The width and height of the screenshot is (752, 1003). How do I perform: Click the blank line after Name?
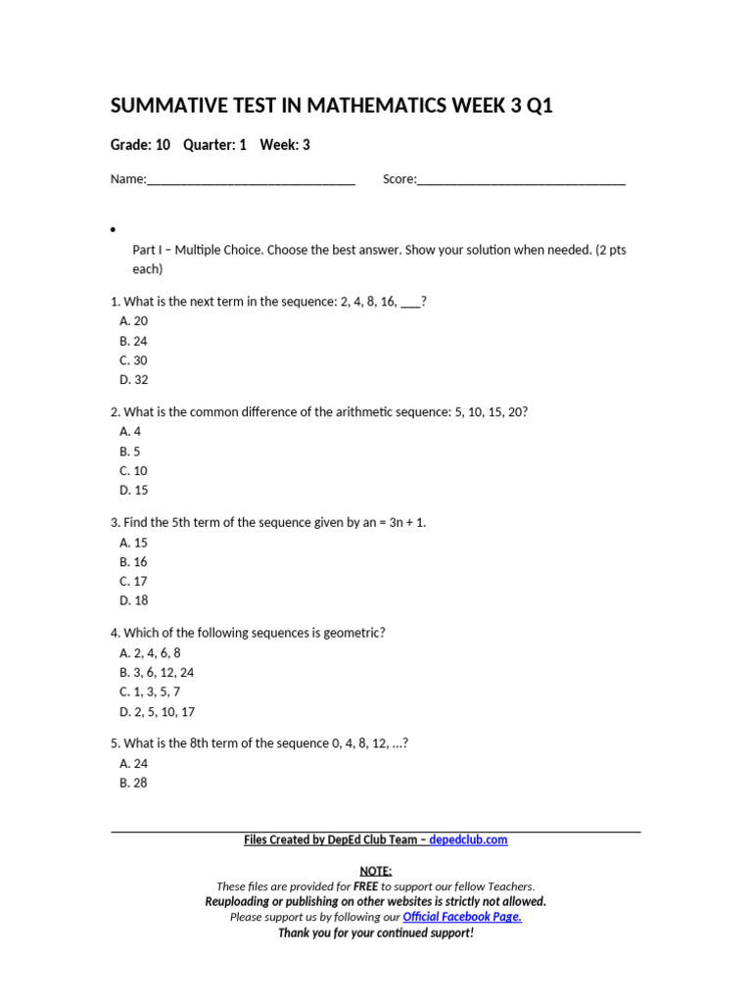point(251,180)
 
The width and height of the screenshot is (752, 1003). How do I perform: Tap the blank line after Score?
point(521,180)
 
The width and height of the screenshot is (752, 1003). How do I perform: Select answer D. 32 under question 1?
point(134,380)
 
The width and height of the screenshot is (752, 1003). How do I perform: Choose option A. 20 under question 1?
point(134,321)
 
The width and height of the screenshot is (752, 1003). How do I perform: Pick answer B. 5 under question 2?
point(130,452)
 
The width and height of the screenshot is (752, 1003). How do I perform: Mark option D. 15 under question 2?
point(134,491)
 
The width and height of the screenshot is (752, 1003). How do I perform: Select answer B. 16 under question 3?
point(134,562)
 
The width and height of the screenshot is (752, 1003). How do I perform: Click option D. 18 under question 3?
point(134,601)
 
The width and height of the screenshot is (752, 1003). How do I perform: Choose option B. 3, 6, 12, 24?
point(157,673)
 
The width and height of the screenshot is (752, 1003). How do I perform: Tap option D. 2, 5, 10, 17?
point(157,712)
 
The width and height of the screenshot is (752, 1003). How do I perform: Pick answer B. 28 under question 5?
point(134,784)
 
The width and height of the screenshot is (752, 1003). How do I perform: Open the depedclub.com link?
point(468,840)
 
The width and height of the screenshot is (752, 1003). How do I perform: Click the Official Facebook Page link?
point(462,918)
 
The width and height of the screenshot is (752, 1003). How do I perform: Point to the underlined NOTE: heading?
point(376,871)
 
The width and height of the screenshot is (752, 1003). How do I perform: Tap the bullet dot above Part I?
point(114,230)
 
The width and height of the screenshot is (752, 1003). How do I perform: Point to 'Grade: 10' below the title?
point(140,145)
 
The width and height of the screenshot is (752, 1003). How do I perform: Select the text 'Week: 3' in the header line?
point(285,145)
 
